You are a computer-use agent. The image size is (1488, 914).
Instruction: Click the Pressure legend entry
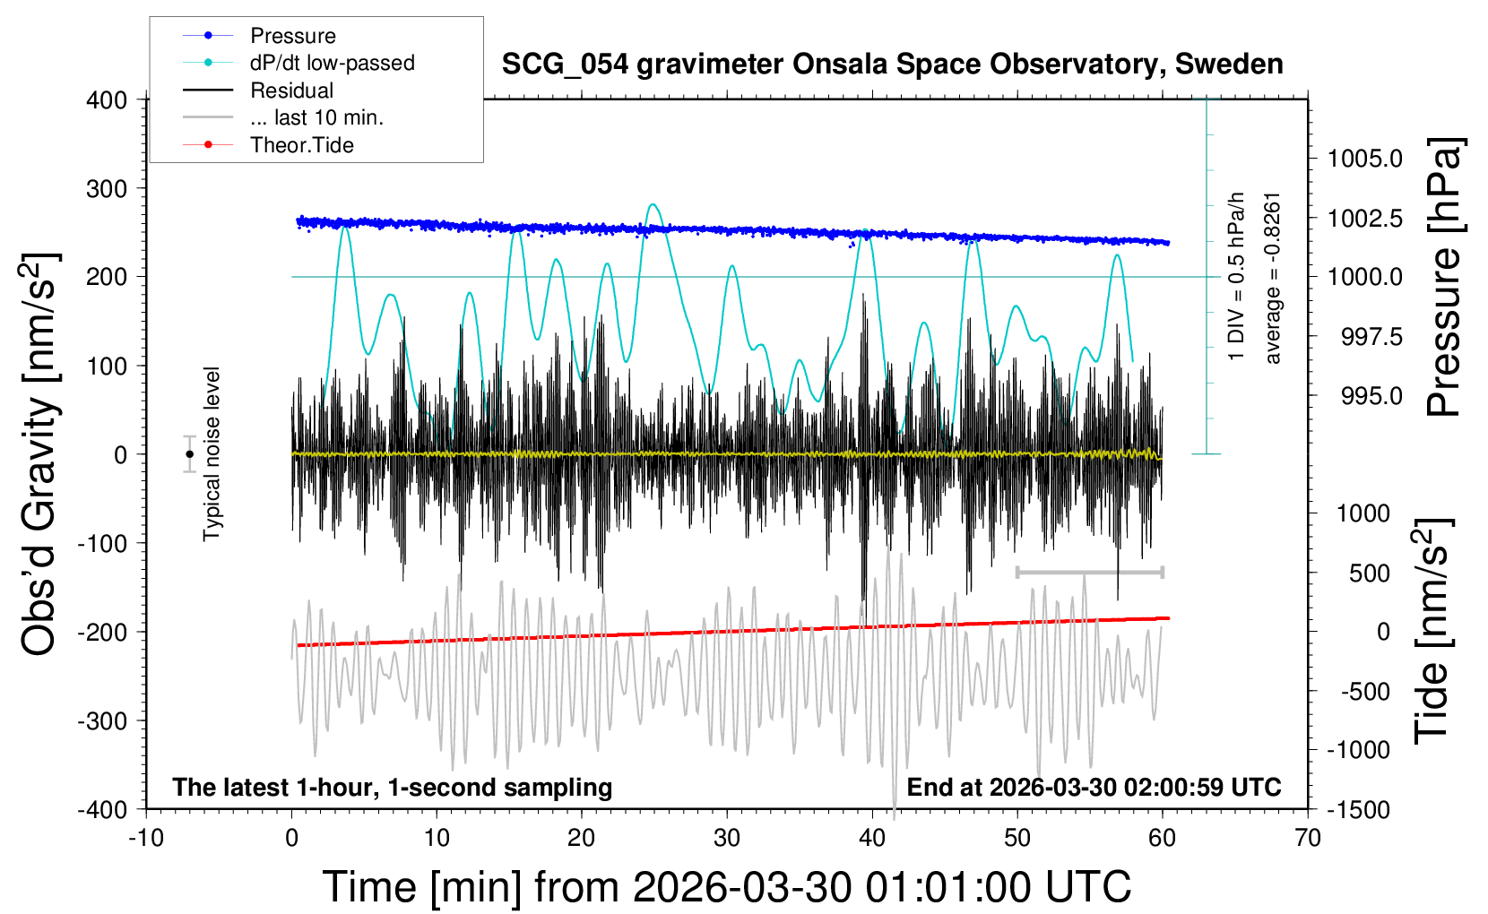click(x=259, y=35)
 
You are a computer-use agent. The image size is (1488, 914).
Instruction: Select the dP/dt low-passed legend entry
click(x=298, y=63)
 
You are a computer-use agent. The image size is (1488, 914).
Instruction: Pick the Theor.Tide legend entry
click(x=268, y=145)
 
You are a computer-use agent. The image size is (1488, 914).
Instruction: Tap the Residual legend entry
click(x=258, y=91)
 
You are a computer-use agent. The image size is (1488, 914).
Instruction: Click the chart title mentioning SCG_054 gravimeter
click(x=892, y=65)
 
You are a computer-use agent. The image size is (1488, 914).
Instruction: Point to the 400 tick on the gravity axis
click(x=107, y=100)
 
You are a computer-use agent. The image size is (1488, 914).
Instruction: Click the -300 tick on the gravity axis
click(x=102, y=721)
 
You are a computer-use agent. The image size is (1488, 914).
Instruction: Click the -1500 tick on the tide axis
click(x=1358, y=810)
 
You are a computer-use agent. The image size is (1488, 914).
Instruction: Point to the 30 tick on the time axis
click(x=727, y=838)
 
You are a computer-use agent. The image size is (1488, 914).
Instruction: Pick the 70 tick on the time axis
click(x=1307, y=838)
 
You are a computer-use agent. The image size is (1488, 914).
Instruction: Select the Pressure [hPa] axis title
click(x=1444, y=278)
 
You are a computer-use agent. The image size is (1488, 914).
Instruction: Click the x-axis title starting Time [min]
click(x=727, y=887)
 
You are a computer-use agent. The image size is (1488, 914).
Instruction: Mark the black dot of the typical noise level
click(x=190, y=454)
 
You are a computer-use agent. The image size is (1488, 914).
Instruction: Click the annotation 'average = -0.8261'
click(x=1271, y=279)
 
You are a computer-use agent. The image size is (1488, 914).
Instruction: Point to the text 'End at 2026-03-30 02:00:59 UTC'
click(x=1094, y=787)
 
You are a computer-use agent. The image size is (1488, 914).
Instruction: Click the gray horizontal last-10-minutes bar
click(x=1089, y=572)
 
